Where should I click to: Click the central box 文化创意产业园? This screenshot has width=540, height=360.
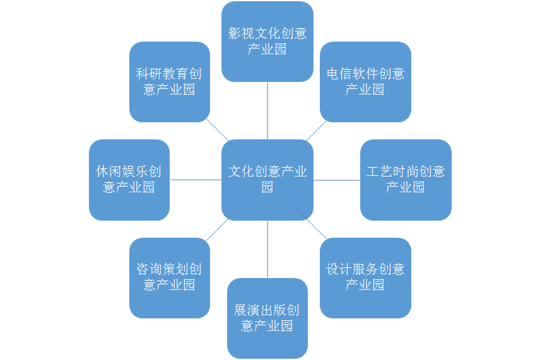(x=267, y=180)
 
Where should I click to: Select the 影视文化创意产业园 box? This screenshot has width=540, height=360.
(x=267, y=42)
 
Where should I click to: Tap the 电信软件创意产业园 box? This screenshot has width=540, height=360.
(x=365, y=82)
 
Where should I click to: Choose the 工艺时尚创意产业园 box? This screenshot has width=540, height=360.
(x=406, y=180)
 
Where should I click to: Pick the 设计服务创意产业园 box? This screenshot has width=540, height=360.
(x=365, y=278)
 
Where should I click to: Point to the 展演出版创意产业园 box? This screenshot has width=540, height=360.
(x=267, y=318)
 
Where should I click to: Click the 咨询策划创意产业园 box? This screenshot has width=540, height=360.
(x=170, y=278)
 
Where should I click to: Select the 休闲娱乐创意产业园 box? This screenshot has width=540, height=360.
(x=129, y=180)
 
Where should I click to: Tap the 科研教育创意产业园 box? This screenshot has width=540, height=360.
(x=170, y=82)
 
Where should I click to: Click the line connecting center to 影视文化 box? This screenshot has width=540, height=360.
(x=267, y=110)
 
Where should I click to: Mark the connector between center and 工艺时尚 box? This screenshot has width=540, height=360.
(x=337, y=180)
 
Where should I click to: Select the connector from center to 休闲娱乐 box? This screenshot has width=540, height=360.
(x=196, y=180)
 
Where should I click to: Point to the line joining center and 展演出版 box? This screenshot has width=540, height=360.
(x=267, y=249)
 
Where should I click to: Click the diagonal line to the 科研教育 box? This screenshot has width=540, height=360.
(x=221, y=134)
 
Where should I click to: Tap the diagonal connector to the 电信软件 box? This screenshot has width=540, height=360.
(x=312, y=135)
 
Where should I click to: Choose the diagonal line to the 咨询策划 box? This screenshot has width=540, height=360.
(x=221, y=226)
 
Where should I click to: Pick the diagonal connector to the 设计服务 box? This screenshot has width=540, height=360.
(x=312, y=224)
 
